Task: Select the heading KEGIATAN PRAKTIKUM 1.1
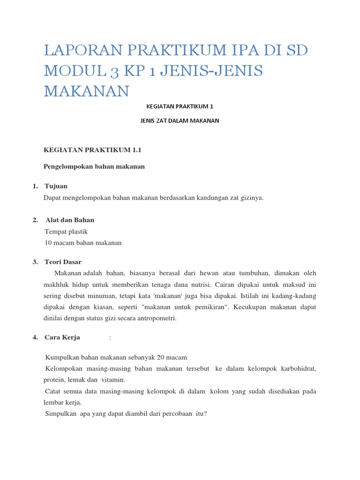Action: pyautogui.click(x=92, y=150)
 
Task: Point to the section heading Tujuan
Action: pyautogui.click(x=56, y=187)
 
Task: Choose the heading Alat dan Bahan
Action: pyautogui.click(x=70, y=220)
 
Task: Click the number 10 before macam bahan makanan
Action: pyautogui.click(x=49, y=243)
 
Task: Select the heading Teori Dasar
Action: pyautogui.click(x=63, y=262)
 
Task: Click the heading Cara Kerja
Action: pyautogui.click(x=62, y=337)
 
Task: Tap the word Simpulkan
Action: pyautogui.click(x=60, y=413)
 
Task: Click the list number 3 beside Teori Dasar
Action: pyautogui.click(x=35, y=262)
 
